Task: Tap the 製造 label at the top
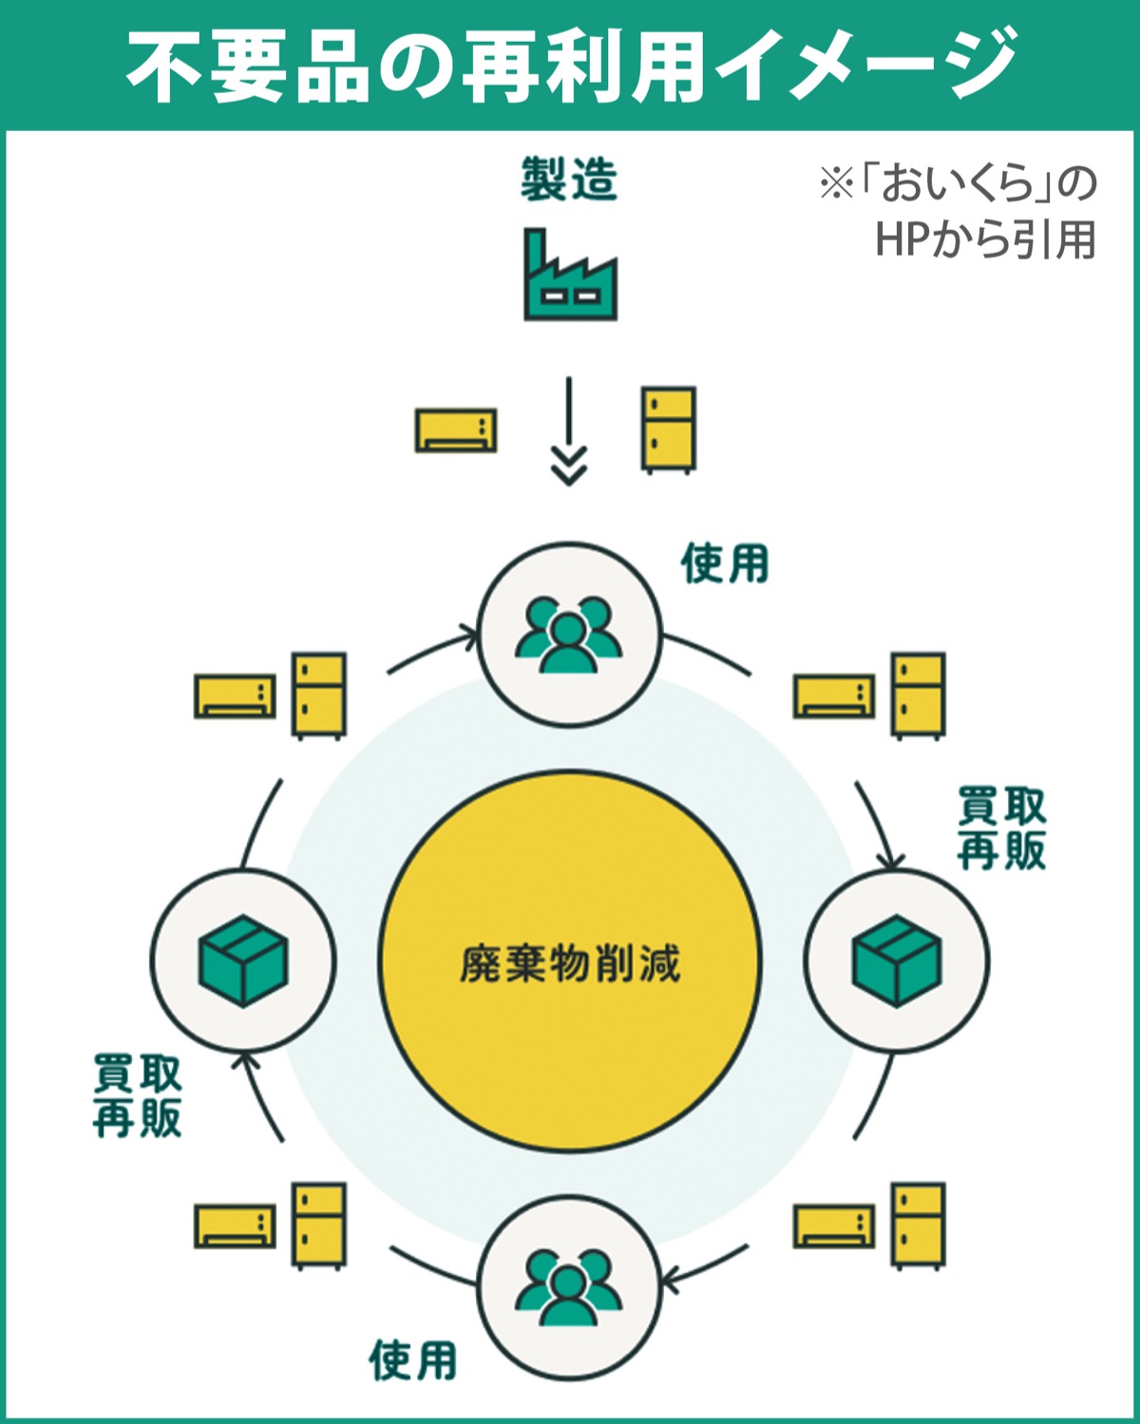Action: tap(569, 180)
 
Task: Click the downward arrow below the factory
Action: tap(568, 432)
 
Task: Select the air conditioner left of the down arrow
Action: tap(456, 430)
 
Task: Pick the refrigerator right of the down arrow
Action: tap(669, 428)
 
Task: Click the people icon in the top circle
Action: tap(569, 635)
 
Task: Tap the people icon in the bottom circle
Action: tap(569, 1287)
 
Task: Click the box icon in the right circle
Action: tap(896, 960)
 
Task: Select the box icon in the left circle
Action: tap(243, 960)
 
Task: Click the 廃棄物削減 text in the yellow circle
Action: tap(570, 963)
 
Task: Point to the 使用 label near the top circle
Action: tap(725, 563)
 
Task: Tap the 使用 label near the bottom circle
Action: tap(413, 1360)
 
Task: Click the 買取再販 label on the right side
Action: tap(1001, 827)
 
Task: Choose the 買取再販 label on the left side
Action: tap(138, 1095)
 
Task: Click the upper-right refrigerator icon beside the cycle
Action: tap(919, 695)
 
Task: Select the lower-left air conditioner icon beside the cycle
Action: tap(236, 1226)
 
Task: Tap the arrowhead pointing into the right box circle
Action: tap(889, 859)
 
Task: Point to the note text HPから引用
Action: tap(985, 239)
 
